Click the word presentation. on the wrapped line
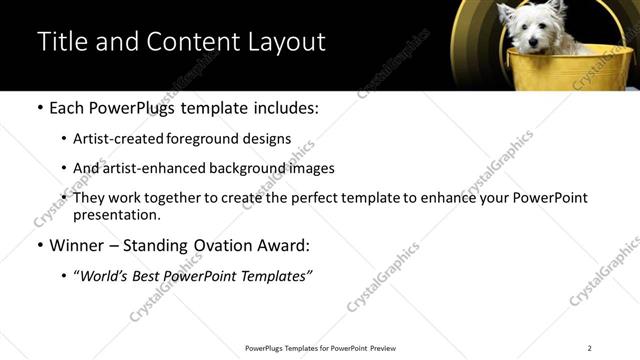116,214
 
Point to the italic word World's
106,276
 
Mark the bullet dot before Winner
39,246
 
